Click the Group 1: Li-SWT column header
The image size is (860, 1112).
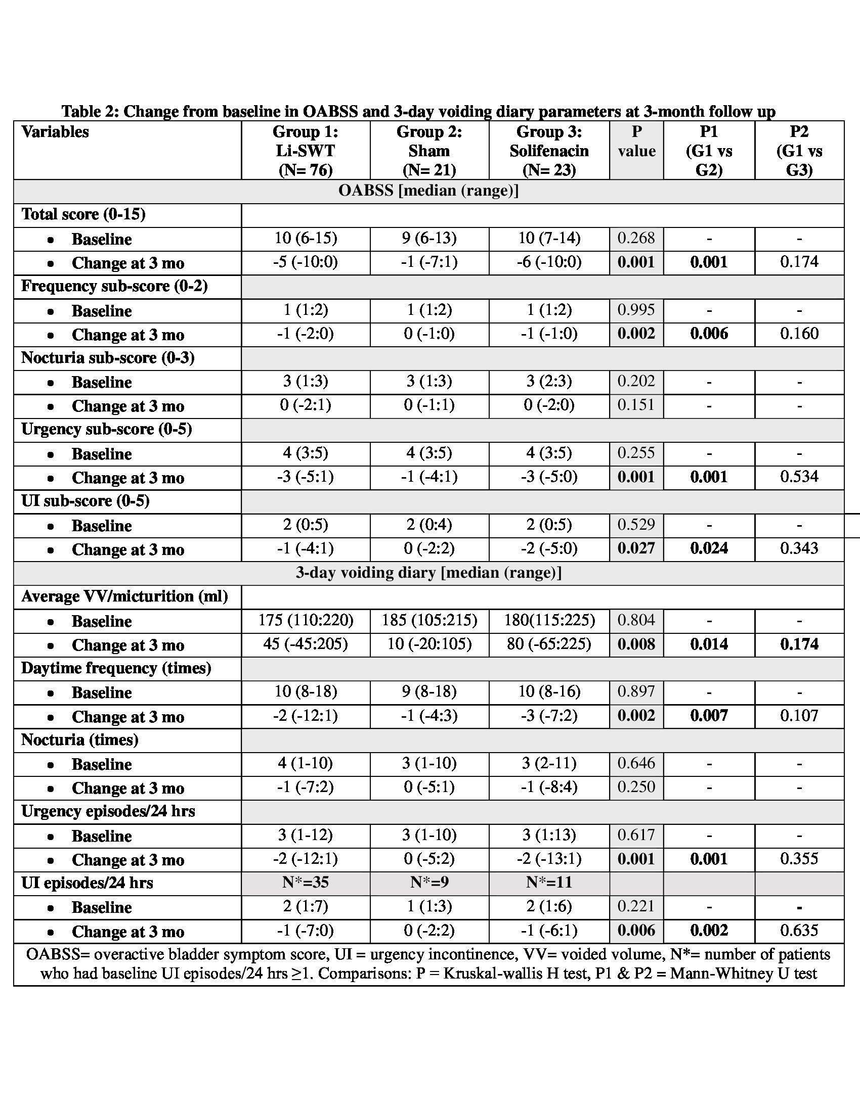[305, 151]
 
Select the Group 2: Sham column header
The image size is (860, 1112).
[429, 151]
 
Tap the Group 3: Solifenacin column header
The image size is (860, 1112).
[549, 151]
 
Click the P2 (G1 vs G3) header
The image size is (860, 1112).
[799, 151]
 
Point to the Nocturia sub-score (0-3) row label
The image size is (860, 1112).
[108, 358]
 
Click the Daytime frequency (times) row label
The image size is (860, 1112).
[116, 668]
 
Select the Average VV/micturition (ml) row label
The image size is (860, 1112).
[124, 596]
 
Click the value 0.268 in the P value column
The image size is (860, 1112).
[636, 238]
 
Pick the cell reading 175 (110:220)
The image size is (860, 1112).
[305, 620]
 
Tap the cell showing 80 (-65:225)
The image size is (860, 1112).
[549, 644]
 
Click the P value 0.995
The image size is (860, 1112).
[636, 309]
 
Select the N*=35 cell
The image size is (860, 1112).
[305, 883]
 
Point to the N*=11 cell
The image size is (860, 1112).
[549, 883]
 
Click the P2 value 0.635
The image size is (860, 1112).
[799, 931]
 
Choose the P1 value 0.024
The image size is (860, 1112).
[709, 548]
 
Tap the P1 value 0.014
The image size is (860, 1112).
[709, 644]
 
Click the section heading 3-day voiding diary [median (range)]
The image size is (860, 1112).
[428, 573]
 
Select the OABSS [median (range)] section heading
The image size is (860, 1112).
[428, 191]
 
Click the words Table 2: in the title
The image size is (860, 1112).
[90, 111]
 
